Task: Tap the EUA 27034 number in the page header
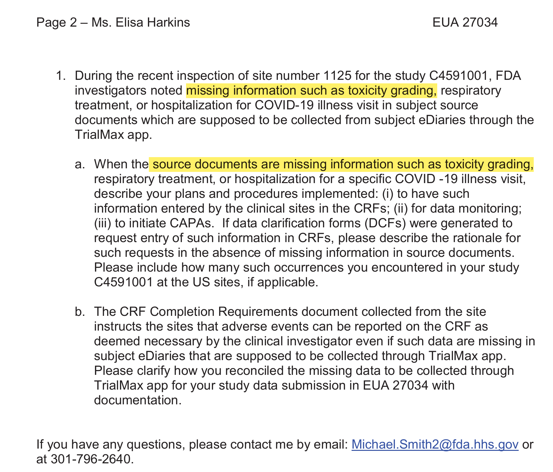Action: pyautogui.click(x=465, y=22)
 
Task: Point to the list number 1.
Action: pyautogui.click(x=61, y=76)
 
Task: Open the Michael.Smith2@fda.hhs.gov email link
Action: pyautogui.click(x=435, y=445)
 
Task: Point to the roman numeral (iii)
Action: pyautogui.click(x=102, y=223)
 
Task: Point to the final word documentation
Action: pyautogui.click(x=138, y=400)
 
